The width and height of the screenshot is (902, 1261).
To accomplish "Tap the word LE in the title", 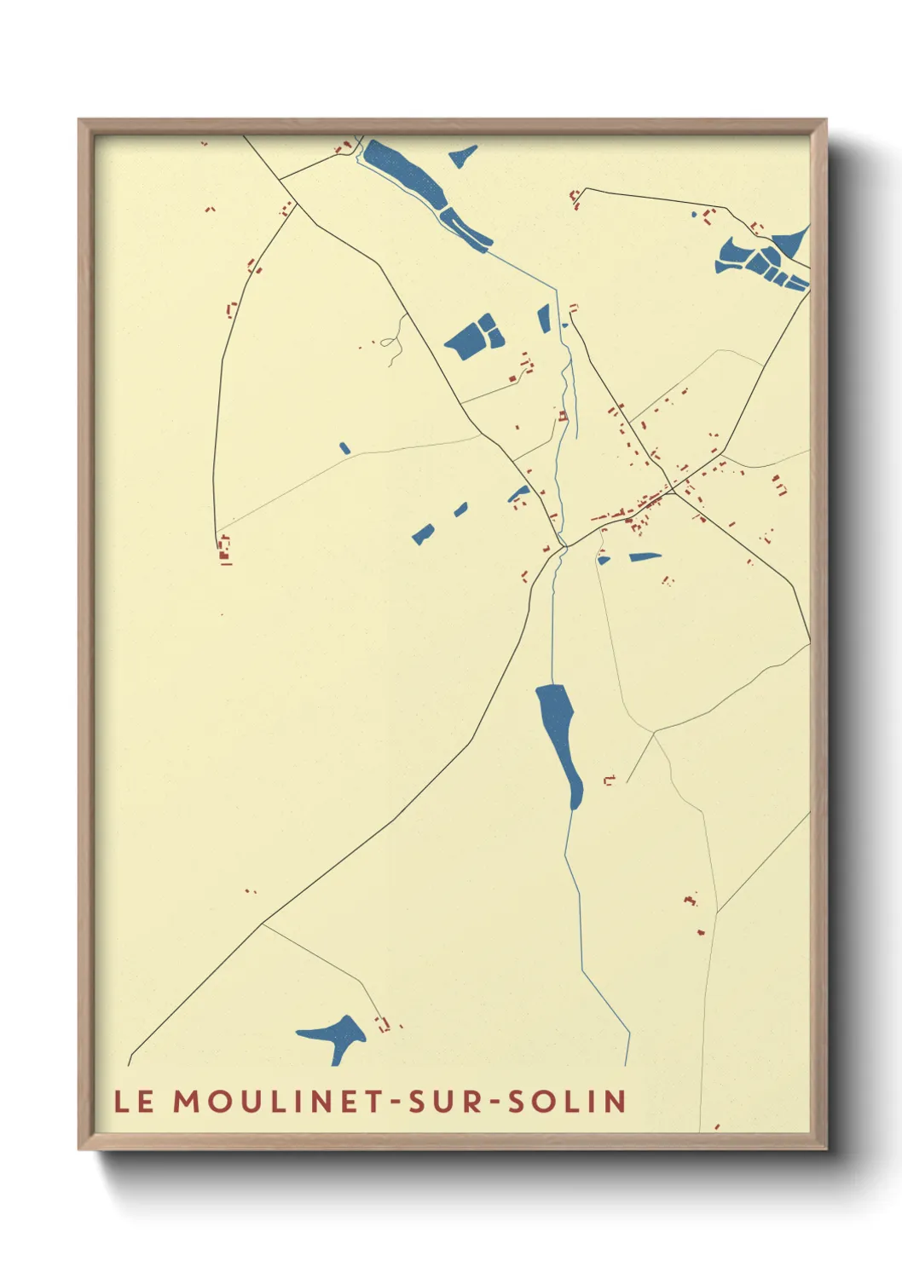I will click(x=135, y=1101).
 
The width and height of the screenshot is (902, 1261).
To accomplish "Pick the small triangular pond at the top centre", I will click(x=464, y=156).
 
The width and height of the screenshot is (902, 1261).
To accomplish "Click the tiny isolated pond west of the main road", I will click(x=344, y=448).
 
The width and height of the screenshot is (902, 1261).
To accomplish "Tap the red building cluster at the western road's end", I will click(x=224, y=550).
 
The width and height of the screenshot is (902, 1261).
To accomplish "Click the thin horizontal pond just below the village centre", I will click(x=645, y=557).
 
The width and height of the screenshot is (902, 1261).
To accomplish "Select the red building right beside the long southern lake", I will click(x=609, y=780).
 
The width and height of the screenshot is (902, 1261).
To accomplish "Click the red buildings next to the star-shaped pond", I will click(x=384, y=1023).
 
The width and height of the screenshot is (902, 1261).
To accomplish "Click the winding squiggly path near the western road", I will click(x=392, y=341).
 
